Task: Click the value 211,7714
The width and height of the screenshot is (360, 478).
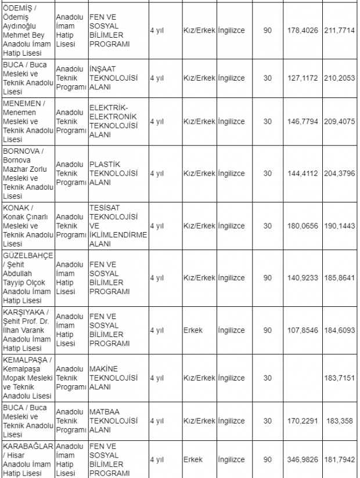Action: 339,30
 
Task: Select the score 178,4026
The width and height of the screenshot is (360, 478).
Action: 303,30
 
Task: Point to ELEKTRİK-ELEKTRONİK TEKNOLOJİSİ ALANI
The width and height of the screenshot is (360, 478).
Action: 113,121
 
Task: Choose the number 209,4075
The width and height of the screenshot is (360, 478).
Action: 339,122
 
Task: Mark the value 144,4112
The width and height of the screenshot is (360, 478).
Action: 303,173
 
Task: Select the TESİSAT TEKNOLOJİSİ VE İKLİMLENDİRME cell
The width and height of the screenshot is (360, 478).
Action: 117,225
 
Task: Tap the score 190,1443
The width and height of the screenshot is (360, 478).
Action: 339,225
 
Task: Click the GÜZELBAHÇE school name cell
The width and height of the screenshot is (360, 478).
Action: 27,277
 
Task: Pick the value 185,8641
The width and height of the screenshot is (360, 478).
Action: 339,278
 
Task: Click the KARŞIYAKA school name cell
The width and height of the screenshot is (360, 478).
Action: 27,329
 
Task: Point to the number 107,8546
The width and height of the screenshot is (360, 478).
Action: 303,330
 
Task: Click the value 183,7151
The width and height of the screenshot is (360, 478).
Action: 339,378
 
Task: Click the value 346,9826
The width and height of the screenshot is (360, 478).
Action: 303,459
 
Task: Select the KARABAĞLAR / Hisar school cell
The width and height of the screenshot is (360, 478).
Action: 27,459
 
